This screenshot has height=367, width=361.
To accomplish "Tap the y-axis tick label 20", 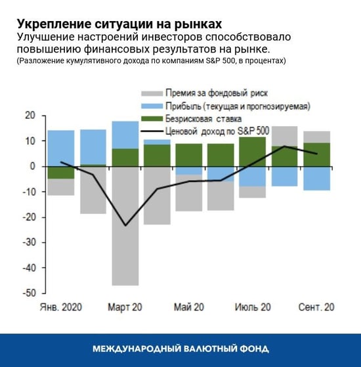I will click(x=28, y=116).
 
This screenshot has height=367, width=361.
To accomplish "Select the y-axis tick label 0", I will click(x=31, y=166).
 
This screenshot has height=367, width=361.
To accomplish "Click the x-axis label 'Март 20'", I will click(x=125, y=307).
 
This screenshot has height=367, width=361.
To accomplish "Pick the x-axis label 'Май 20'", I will click(x=188, y=307).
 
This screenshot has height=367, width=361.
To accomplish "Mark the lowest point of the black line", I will click(x=125, y=225).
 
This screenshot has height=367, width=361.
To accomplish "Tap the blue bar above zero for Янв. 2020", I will click(x=60, y=148).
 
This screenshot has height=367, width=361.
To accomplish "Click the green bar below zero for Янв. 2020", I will click(x=60, y=172).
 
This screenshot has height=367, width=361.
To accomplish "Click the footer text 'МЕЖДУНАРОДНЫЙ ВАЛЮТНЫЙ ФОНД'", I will click(x=180, y=349).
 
